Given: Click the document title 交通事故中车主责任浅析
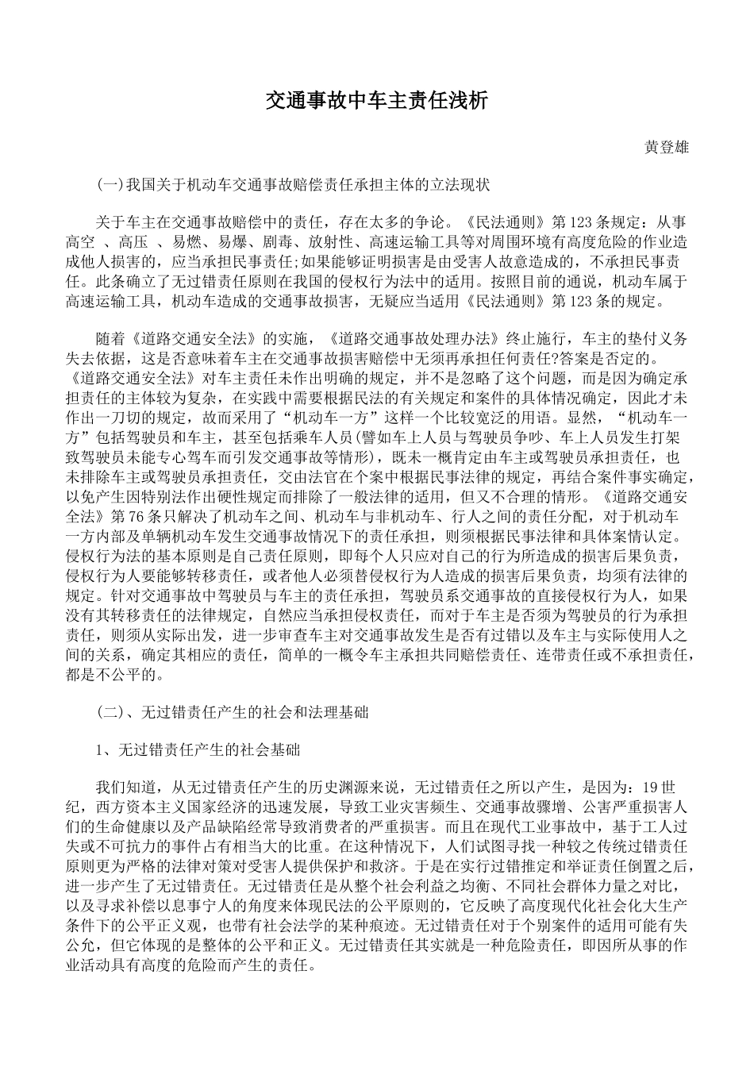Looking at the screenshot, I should (x=376, y=101).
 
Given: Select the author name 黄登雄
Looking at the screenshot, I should (x=666, y=148).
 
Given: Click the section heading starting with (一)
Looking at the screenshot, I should (x=293, y=186).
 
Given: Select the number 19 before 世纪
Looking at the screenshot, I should (x=650, y=787).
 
